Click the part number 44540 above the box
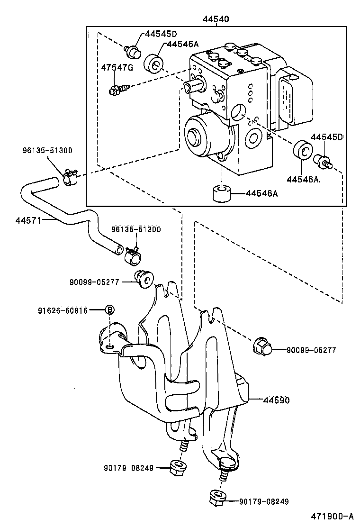click(216, 19)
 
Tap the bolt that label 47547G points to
click(118, 89)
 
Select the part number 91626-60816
click(63, 310)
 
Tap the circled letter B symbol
click(109, 310)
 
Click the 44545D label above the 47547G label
click(161, 34)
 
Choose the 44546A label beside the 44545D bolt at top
click(182, 44)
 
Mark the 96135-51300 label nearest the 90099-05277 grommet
click(136, 229)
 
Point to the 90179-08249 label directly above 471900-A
click(263, 502)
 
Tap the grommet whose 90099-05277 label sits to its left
click(144, 280)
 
